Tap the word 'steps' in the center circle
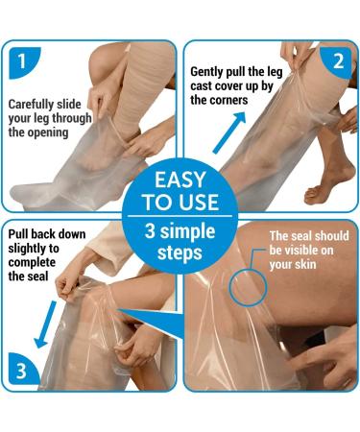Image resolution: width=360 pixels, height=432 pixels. coord(180,254)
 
